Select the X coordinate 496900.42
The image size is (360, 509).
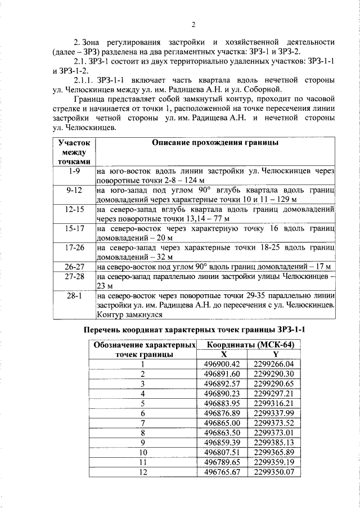[223, 364]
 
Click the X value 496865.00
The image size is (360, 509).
[223, 422]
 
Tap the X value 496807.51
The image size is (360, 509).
[223, 452]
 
